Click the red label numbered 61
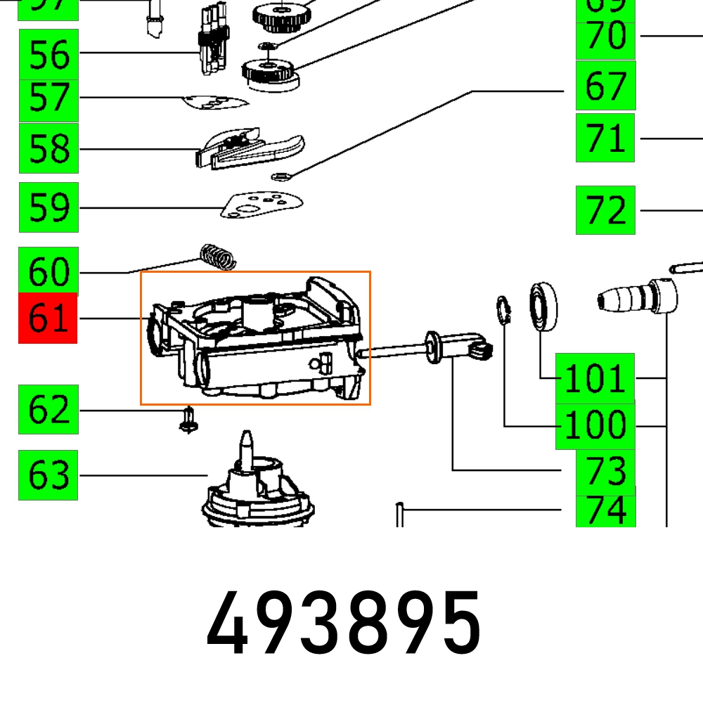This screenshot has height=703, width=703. coord(48,318)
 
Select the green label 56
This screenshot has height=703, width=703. coord(49,54)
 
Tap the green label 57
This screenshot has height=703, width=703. coord(49,99)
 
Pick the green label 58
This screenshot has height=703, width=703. coord(49,148)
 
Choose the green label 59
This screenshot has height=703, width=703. coord(49,207)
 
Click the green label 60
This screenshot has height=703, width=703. coord(49,270)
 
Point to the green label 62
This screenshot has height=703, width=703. coord(49,409)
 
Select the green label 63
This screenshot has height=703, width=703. coord(49,476)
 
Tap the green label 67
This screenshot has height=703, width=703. coord(605,85)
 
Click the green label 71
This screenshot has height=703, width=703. coord(605,138)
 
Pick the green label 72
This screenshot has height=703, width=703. coord(605,210)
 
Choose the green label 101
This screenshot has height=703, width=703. coord(595,378)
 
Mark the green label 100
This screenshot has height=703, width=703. coord(595,426)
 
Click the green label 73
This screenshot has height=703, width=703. coord(605,470)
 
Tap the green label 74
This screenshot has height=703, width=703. coord(605,510)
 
